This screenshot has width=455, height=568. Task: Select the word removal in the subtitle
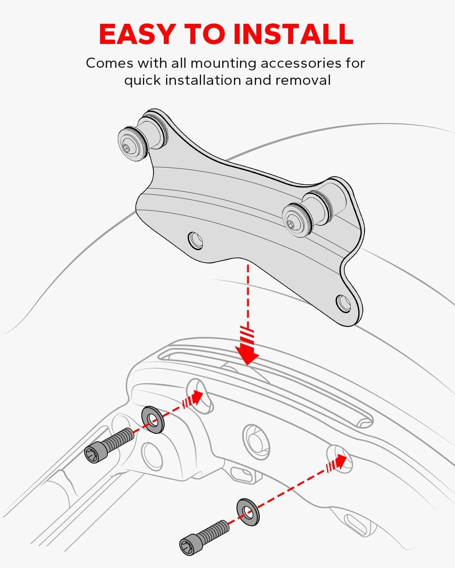[x=303, y=80]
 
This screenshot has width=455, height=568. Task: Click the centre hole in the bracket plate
[x=196, y=240]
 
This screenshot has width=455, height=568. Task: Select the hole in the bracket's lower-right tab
[x=344, y=303]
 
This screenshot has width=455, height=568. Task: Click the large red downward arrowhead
[x=247, y=354]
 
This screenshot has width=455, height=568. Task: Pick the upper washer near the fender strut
[x=153, y=420]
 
